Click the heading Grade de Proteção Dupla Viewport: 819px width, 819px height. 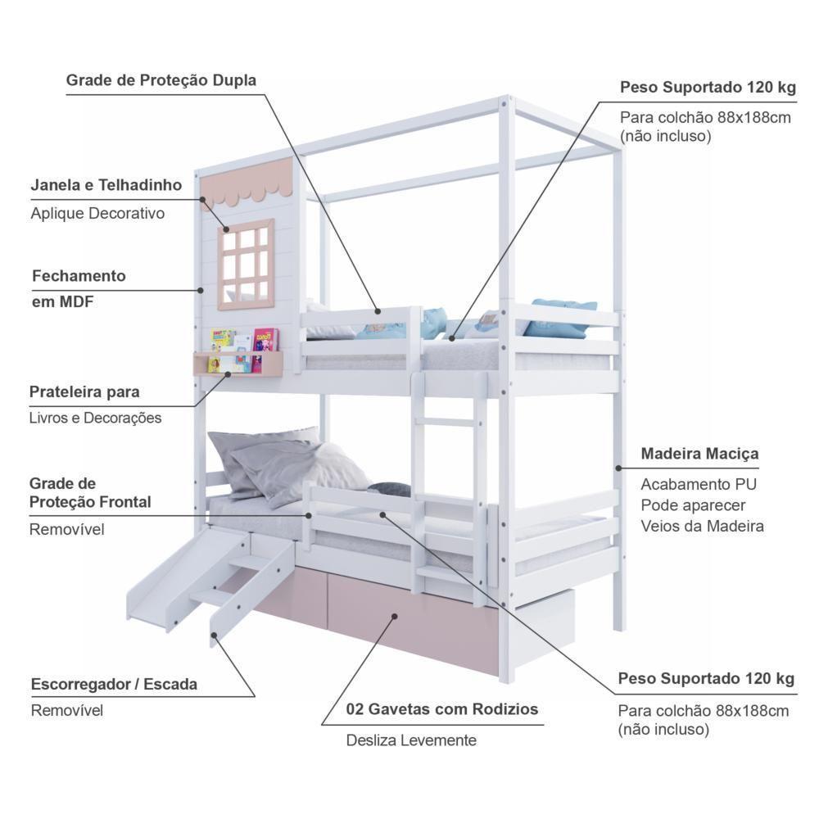(x=161, y=80)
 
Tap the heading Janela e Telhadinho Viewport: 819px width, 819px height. (x=106, y=185)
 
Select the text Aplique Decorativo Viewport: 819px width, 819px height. (x=97, y=213)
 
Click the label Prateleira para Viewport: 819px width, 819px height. (x=84, y=391)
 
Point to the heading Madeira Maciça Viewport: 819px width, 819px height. (x=699, y=453)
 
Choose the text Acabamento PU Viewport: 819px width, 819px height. (x=691, y=483)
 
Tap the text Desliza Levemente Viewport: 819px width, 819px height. (x=410, y=740)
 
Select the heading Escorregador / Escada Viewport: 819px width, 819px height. (x=114, y=683)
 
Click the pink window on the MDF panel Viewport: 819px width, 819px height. (x=245, y=264)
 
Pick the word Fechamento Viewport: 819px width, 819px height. (x=79, y=276)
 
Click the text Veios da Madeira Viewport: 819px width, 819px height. (x=702, y=526)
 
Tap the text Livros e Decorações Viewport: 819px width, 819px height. (x=95, y=418)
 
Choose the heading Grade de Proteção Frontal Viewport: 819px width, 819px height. (x=90, y=492)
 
